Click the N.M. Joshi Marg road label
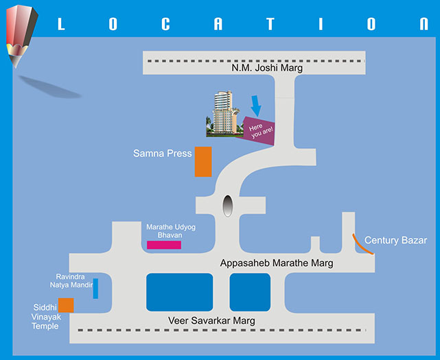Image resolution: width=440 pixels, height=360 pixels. [x=267, y=68]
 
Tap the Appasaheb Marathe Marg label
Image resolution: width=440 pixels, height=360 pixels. [x=277, y=263]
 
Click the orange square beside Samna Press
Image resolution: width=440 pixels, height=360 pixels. [x=203, y=162]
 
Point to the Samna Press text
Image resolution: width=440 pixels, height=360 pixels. [x=162, y=154]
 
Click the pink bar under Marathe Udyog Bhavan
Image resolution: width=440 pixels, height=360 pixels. [x=164, y=245]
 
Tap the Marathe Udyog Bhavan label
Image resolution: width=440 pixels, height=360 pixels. [x=163, y=231]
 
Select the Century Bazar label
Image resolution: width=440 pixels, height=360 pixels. [x=395, y=240]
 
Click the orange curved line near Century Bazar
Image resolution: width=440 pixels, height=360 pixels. [x=363, y=244]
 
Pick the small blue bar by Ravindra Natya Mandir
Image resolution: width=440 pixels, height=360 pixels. [x=95, y=288]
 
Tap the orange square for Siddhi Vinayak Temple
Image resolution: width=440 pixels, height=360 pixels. [x=66, y=305]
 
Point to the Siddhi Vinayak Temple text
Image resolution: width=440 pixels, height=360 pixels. [x=47, y=317]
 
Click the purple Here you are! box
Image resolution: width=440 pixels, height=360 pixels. [x=257, y=130]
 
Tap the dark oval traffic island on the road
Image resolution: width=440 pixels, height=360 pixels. [x=228, y=205]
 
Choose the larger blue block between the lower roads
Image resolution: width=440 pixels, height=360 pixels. [x=179, y=292]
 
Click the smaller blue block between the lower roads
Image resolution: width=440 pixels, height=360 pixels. [x=250, y=292]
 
